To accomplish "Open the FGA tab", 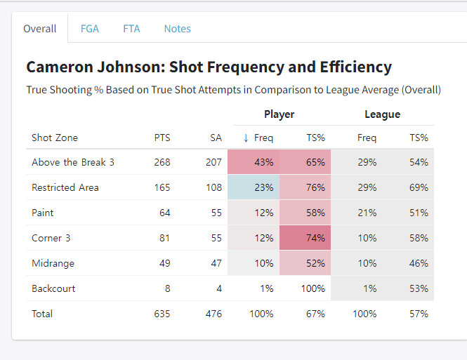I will [90, 29].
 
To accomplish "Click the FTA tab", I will [131, 29].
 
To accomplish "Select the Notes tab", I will [177, 29].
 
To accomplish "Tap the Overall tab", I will [39, 29].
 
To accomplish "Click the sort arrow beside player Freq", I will [246, 138].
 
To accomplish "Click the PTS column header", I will [162, 138].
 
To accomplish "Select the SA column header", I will [216, 138].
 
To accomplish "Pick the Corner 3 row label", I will [51, 238].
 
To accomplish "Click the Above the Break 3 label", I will [73, 162].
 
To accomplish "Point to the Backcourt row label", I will [53, 288].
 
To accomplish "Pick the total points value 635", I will [162, 314].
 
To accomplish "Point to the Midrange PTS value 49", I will [164, 263].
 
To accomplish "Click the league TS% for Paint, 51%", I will [419, 213].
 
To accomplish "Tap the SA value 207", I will [214, 162].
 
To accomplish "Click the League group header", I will [382, 114].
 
